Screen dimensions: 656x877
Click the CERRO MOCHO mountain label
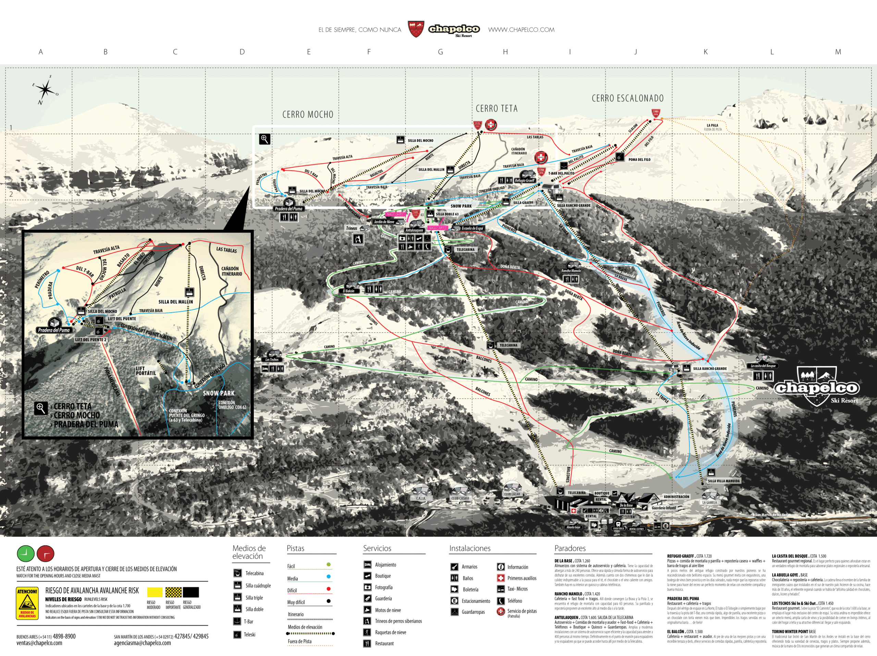pyautogui.click(x=308, y=114)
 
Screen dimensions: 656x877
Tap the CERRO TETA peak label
pyautogui.click(x=496, y=109)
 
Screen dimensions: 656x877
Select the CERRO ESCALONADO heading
pyautogui.click(x=627, y=98)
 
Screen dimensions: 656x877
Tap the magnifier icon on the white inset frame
pyautogui.click(x=264, y=139)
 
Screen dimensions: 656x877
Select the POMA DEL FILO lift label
pyautogui.click(x=639, y=159)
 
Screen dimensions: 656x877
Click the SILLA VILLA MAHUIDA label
pyautogui.click(x=724, y=481)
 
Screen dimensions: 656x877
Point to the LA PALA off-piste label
pyautogui.click(x=712, y=126)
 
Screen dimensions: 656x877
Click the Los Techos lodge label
pyautogui.click(x=272, y=359)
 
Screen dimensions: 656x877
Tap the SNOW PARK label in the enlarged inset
pyautogui.click(x=219, y=393)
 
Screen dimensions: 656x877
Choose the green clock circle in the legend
pyautogui.click(x=25, y=554)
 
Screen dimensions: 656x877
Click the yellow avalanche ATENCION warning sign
pyautogui.click(x=27, y=603)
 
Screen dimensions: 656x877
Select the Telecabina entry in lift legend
pyautogui.click(x=254, y=573)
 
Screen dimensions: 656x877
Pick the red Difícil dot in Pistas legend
pyautogui.click(x=328, y=589)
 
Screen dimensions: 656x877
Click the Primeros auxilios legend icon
pyautogui.click(x=501, y=578)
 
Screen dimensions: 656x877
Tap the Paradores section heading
pyautogui.click(x=570, y=548)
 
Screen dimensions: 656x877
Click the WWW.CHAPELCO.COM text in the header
pyautogui.click(x=521, y=30)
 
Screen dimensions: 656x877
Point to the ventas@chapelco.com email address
pyautogui.click(x=39, y=643)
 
